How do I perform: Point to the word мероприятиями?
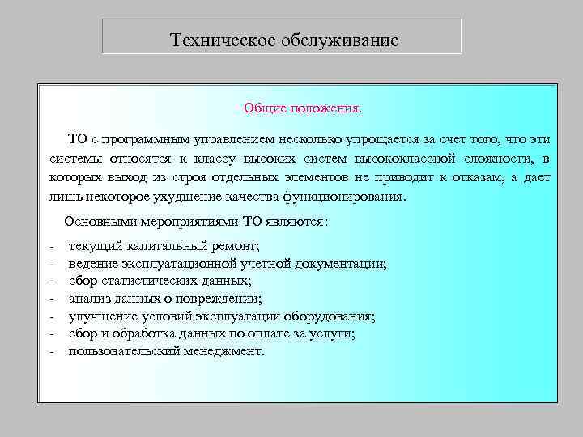tap(185, 221)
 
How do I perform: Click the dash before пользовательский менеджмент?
tap(51, 351)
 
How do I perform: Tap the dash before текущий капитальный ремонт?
tap(51, 245)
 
